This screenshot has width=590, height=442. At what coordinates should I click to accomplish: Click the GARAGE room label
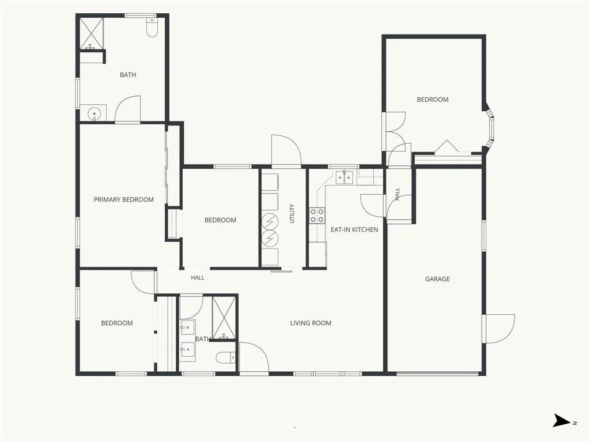pyautogui.click(x=437, y=279)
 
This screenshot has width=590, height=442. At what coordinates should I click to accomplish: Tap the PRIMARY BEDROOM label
pyautogui.click(x=124, y=200)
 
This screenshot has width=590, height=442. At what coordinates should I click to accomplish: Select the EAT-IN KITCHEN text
pyautogui.click(x=354, y=230)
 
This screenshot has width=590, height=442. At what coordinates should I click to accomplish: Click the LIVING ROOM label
pyautogui.click(x=311, y=323)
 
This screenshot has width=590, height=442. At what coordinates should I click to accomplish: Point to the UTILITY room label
pyautogui.click(x=292, y=214)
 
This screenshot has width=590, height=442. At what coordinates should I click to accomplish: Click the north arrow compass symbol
pyautogui.click(x=562, y=421)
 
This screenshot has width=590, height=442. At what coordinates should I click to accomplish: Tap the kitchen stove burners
pyautogui.click(x=317, y=215)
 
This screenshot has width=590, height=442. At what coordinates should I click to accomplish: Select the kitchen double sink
pyautogui.click(x=345, y=177)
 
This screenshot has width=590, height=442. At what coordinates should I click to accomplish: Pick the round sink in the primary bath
pyautogui.click(x=93, y=113)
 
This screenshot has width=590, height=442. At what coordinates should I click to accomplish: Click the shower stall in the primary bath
pyautogui.click(x=92, y=33)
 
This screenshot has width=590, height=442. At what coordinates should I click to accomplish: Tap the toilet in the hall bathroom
pyautogui.click(x=226, y=357)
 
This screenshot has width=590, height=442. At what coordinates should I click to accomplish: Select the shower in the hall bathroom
pyautogui.click(x=224, y=318)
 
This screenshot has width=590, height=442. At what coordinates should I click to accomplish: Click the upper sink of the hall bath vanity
pyautogui.click(x=187, y=329)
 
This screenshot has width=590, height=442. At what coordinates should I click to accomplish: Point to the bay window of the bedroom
pyautogui.click(x=489, y=128)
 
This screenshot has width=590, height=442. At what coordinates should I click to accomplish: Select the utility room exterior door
pyautogui.click(x=286, y=150)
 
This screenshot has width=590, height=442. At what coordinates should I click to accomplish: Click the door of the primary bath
pyautogui.click(x=127, y=109)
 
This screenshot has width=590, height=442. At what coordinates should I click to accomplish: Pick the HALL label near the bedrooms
pyautogui.click(x=198, y=278)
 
